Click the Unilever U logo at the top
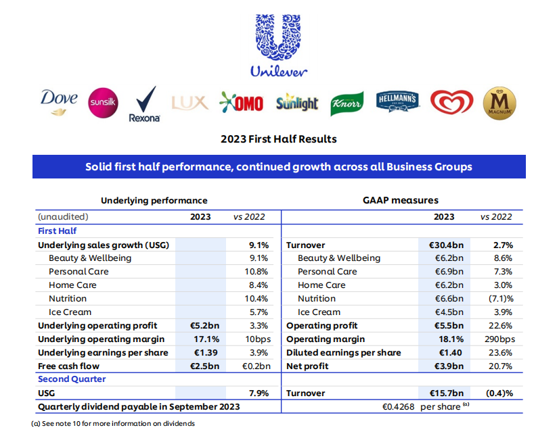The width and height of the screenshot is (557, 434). click(x=279, y=37)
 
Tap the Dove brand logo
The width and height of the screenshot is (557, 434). click(x=59, y=102)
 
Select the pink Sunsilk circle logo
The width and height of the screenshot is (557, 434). click(x=103, y=103)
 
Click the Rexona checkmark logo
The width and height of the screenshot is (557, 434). click(x=145, y=104)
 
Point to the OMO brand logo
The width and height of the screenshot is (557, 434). click(x=242, y=103)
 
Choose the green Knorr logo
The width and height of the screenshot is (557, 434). click(x=347, y=103)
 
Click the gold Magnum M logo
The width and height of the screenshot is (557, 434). click(x=499, y=103)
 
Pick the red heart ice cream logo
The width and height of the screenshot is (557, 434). click(x=451, y=102)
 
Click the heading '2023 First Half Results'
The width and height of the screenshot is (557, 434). click(x=279, y=139)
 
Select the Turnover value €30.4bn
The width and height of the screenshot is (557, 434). click(x=446, y=245)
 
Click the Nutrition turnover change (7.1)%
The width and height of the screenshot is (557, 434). click(x=501, y=298)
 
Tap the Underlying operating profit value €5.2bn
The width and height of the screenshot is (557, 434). click(x=204, y=325)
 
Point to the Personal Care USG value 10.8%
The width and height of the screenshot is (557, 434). click(x=256, y=272)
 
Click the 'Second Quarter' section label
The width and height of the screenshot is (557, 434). click(x=72, y=379)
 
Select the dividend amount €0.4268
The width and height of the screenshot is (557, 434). click(x=398, y=407)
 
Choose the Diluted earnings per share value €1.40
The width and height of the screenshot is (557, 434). click(x=451, y=352)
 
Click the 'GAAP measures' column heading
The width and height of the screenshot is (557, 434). click(x=401, y=200)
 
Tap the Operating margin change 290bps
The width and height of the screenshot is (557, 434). click(x=499, y=339)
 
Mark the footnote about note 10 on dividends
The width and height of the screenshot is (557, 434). click(x=113, y=423)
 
